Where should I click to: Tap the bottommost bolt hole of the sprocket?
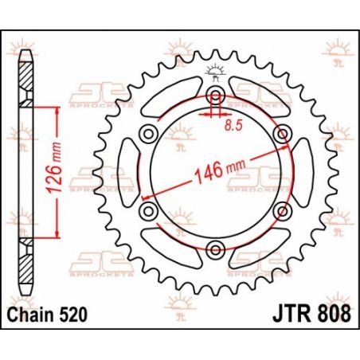(x=215, y=249)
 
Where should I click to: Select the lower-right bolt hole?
(x=281, y=211)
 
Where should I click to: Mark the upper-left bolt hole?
(x=148, y=135)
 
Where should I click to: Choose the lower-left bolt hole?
(x=148, y=211)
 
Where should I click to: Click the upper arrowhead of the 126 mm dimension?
(x=57, y=112)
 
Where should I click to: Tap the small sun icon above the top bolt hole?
(x=215, y=73)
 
